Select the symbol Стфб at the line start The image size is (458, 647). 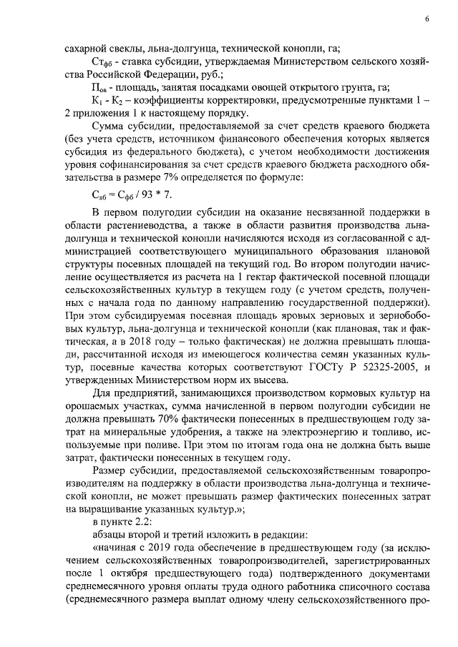(x=104, y=62)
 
